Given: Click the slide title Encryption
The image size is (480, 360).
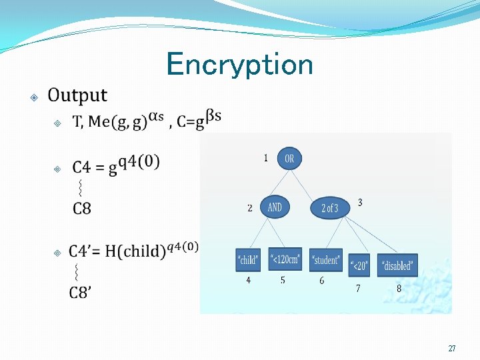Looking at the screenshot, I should point(239,65).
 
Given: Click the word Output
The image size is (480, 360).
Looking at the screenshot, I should point(77,96).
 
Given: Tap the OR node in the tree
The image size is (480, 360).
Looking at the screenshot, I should point(289,158).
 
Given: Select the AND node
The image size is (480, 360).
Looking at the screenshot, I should point(275,207).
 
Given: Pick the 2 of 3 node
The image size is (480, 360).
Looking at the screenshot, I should point(330,208).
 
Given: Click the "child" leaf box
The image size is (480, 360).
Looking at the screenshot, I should point(249,260).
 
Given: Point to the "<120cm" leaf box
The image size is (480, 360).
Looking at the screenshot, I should point(285,259).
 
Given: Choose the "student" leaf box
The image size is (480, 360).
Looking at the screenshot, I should point(326,260).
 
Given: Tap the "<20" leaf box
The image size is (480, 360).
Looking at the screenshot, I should point(359,265).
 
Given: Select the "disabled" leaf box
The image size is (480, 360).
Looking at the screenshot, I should point(397,265).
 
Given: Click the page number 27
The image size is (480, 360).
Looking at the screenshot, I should point(452,349).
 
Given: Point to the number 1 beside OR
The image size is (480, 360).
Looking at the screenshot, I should point(265,158).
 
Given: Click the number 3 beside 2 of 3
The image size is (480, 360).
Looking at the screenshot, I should point(360,202).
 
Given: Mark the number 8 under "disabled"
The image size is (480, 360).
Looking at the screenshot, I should point(399,289).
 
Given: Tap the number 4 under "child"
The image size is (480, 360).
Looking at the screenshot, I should point(248,281).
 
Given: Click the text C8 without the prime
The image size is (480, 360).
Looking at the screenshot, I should point(82,209).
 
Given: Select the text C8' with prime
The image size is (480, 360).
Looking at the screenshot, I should point(81,292).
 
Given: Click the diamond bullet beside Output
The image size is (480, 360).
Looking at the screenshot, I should point(34,97).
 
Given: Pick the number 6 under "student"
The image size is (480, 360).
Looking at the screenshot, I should point(321,281).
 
